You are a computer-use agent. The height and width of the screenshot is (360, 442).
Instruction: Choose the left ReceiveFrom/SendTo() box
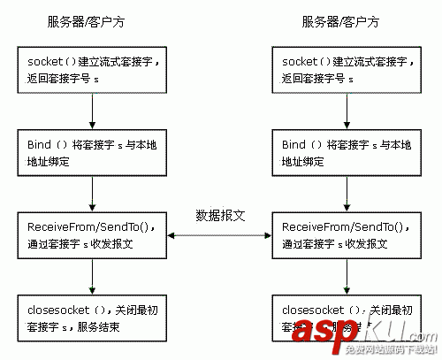(92, 235)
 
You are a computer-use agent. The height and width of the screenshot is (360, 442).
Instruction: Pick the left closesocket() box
(92, 319)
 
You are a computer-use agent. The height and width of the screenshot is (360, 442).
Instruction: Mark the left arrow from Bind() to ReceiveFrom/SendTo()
(92, 195)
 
